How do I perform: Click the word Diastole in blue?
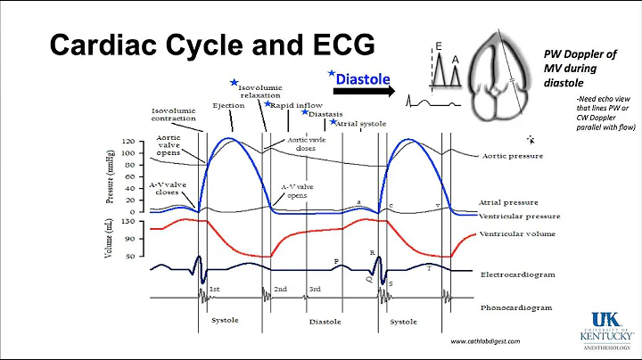point(364,78)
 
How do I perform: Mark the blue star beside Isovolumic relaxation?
point(235,83)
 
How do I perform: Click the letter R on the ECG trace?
point(372,253)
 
